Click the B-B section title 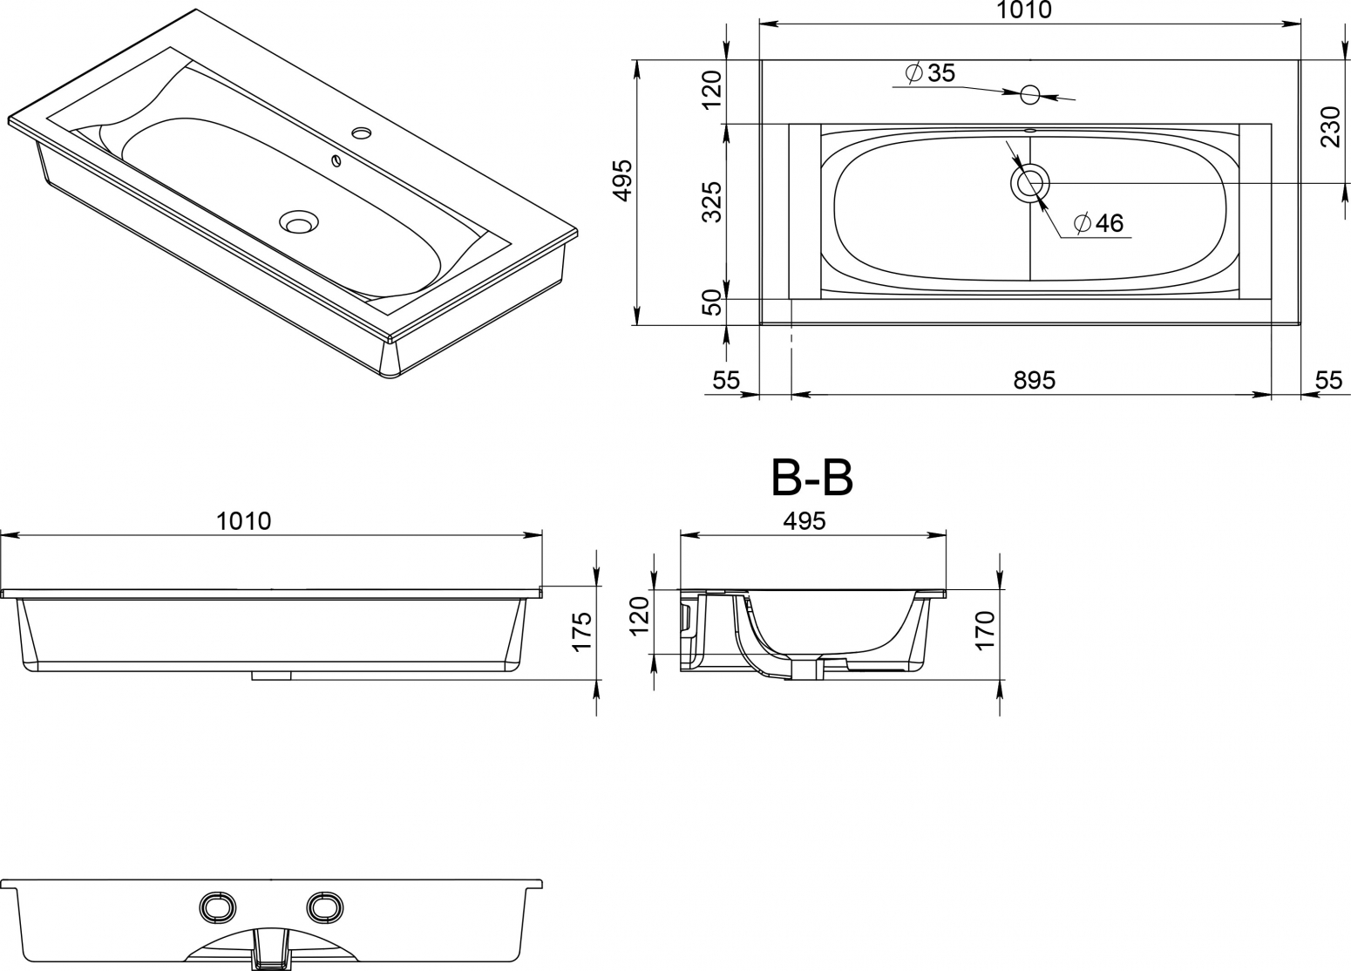811,479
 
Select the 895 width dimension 1035,380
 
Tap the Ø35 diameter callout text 931,73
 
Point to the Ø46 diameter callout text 1099,223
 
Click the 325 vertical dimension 712,201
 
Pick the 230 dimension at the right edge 1330,126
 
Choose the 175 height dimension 582,631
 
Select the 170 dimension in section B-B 985,629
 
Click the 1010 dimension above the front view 244,521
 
